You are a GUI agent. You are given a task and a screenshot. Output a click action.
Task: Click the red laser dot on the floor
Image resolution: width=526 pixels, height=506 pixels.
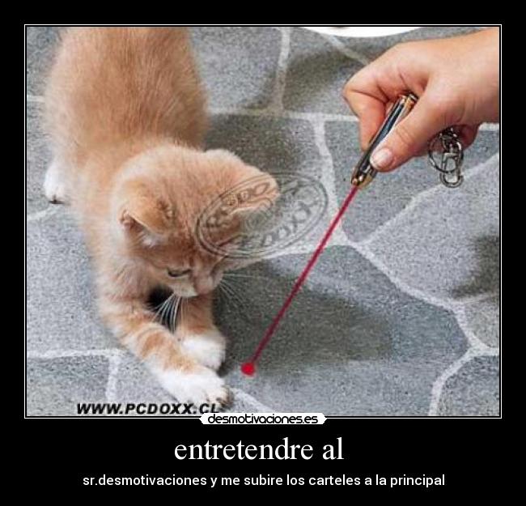coord(248,369)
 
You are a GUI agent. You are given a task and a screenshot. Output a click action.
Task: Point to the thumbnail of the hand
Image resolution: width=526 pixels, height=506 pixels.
coord(382,156)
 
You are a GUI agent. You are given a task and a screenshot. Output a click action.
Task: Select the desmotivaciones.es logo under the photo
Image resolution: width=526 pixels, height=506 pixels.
coord(262,419)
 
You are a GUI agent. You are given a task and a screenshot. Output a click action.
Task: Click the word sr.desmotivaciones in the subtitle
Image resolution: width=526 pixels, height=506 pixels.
coord(144,480)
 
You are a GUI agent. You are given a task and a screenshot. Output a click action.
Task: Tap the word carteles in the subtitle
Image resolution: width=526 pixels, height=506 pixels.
coord(334,480)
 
